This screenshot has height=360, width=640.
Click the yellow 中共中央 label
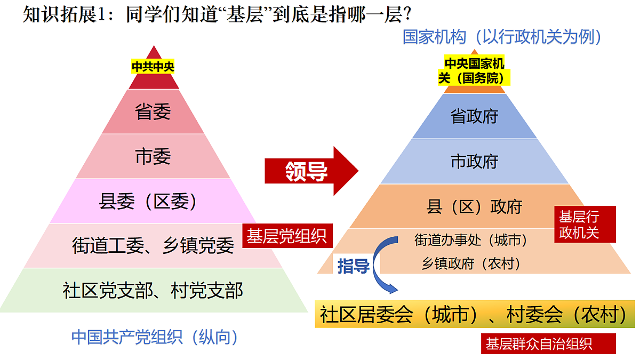(153, 67)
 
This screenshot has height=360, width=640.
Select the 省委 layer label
(153, 111)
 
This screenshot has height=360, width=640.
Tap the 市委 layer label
(153, 157)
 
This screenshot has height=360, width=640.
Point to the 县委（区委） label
(148, 202)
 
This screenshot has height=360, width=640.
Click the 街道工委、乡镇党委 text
(153, 246)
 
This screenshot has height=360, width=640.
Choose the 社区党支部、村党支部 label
(153, 291)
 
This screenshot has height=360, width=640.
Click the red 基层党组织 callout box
(287, 236)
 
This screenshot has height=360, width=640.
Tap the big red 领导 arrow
(311, 171)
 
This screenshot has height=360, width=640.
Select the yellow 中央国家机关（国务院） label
(474, 70)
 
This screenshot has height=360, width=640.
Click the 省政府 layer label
(474, 116)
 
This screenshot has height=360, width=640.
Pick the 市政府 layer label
(474, 162)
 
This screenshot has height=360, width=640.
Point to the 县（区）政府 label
(474, 206)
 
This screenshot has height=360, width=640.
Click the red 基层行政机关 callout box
(585, 225)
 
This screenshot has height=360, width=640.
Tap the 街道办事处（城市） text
(471, 239)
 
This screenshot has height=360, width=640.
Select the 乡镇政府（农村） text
(471, 263)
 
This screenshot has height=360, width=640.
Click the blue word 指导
(354, 266)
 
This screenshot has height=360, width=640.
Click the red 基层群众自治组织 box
(548, 343)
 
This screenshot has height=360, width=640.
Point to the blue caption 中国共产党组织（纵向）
(155, 338)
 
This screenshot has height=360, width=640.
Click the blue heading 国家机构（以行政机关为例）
(502, 37)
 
